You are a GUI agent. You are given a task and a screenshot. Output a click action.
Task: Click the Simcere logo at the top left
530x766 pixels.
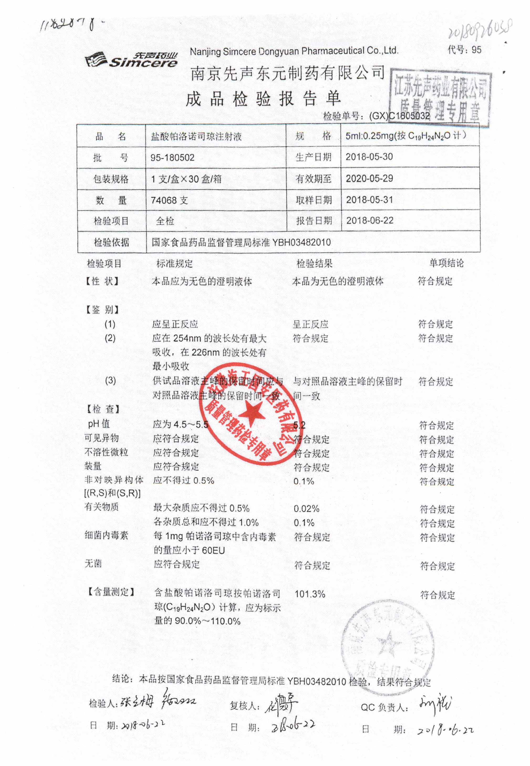coord(131,60)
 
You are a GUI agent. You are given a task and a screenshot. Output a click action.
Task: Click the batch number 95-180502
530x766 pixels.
coord(172,157)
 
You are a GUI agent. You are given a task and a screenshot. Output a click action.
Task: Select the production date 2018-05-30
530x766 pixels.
coord(369,157)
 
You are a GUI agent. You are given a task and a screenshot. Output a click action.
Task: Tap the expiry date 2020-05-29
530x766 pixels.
coord(369,178)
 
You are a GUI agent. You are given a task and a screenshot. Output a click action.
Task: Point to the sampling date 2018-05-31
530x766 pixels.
coord(369,200)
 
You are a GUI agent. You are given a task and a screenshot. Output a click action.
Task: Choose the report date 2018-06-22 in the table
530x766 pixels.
coord(370,221)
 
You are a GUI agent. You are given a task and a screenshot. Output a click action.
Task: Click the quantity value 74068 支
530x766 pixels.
coord(169,200)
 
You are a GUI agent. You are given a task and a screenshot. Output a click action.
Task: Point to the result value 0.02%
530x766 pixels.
coord(306,509)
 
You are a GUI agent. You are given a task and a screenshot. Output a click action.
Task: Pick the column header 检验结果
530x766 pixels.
coord(314,264)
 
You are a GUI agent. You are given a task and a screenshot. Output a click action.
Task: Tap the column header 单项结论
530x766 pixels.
coord(446,263)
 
